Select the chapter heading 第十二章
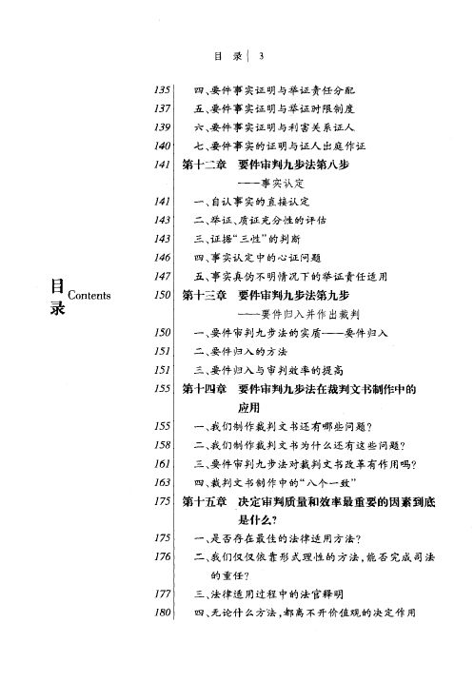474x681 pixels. (203, 165)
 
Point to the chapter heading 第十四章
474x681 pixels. (203, 389)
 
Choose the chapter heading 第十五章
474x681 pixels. (203, 501)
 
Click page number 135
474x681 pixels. (161, 90)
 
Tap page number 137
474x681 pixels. (161, 109)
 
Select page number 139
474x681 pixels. (161, 127)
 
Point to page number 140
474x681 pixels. (161, 146)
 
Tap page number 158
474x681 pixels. (161, 445)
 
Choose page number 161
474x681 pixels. (161, 464)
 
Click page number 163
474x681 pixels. (161, 482)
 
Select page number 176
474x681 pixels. (161, 557)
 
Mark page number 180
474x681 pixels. (161, 613)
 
